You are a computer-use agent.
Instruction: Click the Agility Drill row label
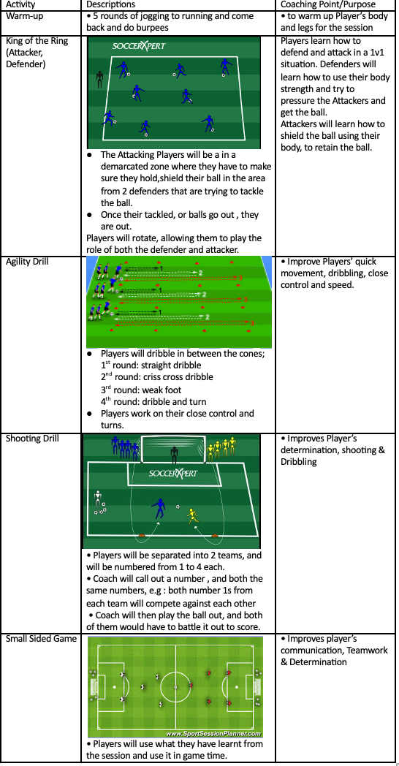[27, 262]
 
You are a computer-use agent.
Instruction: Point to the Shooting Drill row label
[31, 439]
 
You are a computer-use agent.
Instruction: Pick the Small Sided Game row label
[41, 639]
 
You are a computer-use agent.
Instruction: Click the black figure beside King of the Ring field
[100, 80]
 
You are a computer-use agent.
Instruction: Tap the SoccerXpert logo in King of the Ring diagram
[139, 46]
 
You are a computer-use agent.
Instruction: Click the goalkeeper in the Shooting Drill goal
[175, 455]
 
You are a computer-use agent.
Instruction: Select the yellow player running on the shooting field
[192, 517]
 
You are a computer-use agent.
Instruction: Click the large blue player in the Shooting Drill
[159, 509]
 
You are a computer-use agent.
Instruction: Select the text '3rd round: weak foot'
[141, 390]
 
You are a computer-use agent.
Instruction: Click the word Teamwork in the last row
[367, 651]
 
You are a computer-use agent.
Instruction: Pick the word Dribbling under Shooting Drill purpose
[299, 462]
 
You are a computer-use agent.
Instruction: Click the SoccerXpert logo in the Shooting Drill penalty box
[173, 473]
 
